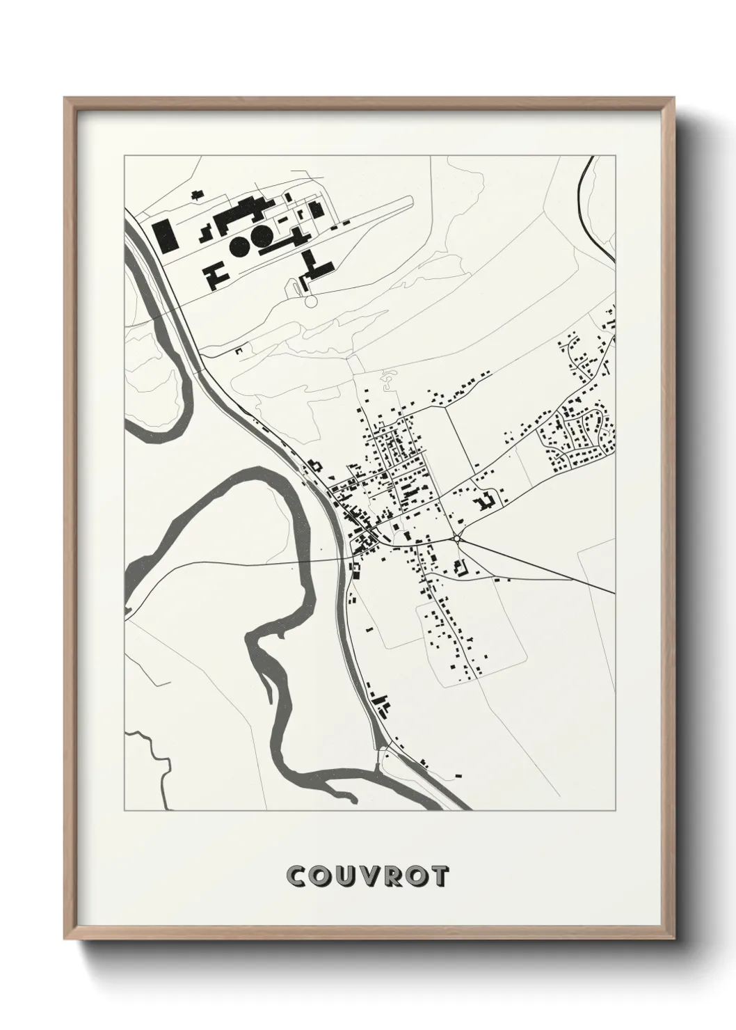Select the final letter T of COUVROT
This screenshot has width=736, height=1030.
pos(438,876)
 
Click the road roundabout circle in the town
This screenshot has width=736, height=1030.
pos(457,538)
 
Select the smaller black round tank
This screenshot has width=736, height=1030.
pos(240,244)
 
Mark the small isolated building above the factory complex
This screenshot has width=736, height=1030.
pos(198,193)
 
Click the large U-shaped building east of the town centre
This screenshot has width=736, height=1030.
pos(485,500)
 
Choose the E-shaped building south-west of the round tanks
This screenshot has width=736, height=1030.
pos(215,276)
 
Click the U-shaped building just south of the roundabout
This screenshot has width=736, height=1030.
pos(459,566)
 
